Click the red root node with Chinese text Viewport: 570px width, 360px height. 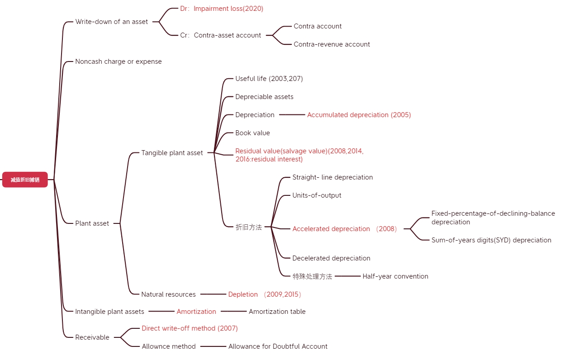(25, 180)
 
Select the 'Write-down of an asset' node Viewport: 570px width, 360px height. (111, 22)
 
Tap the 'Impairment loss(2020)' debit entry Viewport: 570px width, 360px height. (222, 9)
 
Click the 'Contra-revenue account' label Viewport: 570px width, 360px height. (332, 44)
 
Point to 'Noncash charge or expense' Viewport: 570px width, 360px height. (118, 62)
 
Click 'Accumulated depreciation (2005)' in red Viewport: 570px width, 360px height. (359, 115)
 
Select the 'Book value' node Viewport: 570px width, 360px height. (252, 133)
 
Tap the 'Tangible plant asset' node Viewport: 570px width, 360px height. (172, 153)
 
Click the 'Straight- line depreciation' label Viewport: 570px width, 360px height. (332, 177)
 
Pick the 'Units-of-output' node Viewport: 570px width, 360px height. (317, 195)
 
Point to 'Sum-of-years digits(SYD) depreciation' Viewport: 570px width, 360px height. (491, 240)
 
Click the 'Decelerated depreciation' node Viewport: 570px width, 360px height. (331, 258)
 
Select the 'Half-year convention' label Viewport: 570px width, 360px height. (395, 276)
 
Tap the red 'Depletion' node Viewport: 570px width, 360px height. (243, 294)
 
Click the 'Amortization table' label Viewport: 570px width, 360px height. (277, 312)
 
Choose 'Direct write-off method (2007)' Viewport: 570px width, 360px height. (190, 328)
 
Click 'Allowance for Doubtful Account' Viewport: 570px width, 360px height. (278, 346)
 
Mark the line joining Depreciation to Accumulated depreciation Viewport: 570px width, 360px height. (292, 115)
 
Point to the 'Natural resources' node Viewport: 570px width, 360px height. (168, 294)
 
